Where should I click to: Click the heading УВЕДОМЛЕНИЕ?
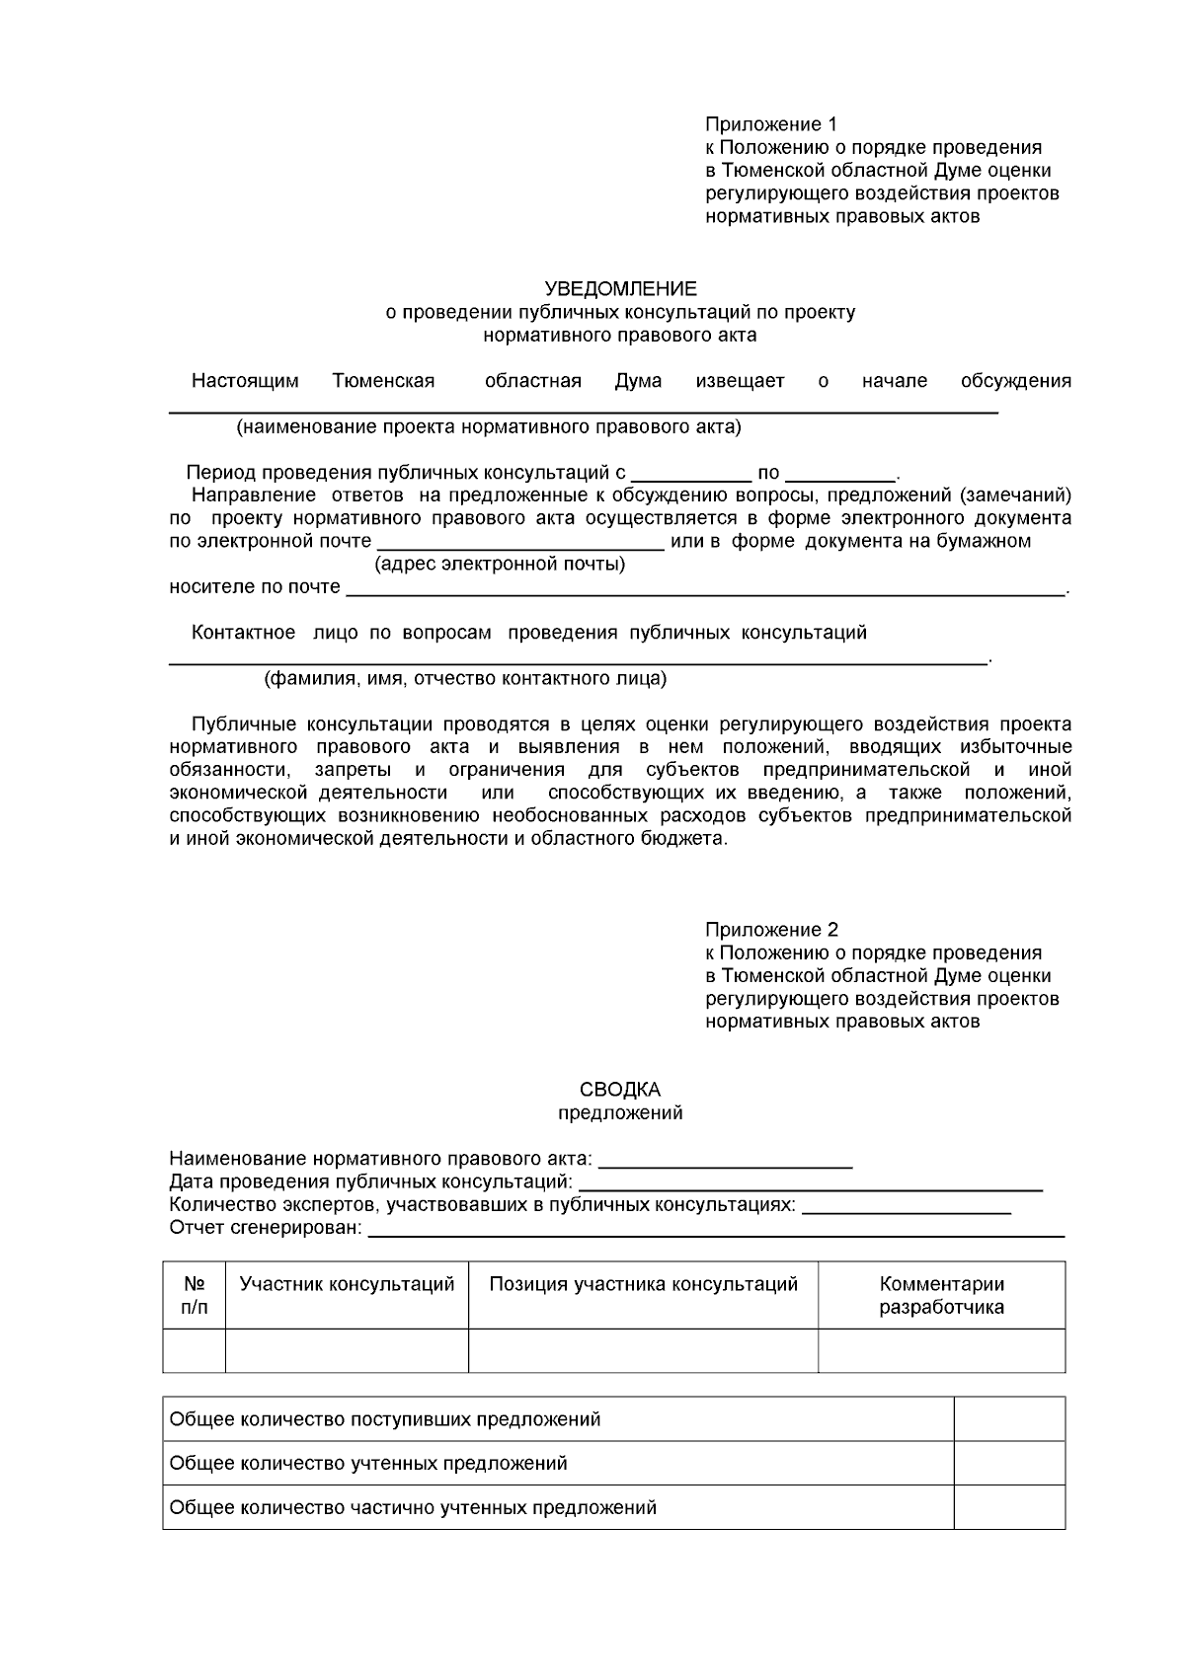[x=620, y=289]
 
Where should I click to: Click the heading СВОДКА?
[x=620, y=1090]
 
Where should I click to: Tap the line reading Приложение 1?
[x=770, y=124]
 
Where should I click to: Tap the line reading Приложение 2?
[x=770, y=930]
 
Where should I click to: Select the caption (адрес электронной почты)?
[x=500, y=565]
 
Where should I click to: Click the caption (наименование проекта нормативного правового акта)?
[x=488, y=427]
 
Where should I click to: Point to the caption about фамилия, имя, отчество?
[x=464, y=679]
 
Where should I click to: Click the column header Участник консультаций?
[x=347, y=1284]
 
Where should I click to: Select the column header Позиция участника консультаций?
[x=643, y=1284]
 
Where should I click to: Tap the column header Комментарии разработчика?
[x=941, y=1295]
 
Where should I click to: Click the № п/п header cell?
[x=195, y=1295]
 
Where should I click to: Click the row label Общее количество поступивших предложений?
[x=385, y=1419]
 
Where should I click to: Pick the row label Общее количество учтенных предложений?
[x=368, y=1463]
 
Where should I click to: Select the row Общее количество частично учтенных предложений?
[x=413, y=1507]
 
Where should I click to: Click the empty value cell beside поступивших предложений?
[x=1008, y=1419]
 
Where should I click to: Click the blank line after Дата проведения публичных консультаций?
[x=810, y=1183]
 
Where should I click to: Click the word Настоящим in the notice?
[x=245, y=381]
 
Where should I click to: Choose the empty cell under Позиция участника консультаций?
[x=643, y=1350]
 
